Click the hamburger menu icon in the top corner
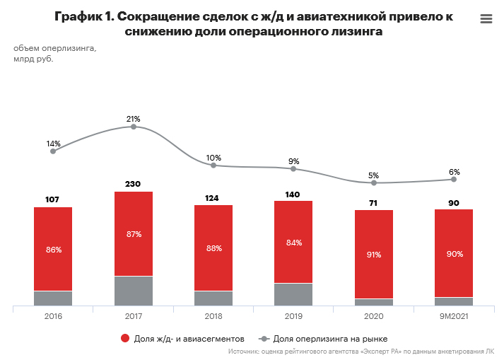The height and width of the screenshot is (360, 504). [486, 19]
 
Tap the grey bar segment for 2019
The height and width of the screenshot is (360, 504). [293, 294]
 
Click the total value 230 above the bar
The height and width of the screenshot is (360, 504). [133, 184]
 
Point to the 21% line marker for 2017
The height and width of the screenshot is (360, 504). [133, 127]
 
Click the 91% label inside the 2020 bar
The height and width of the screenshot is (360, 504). [374, 255]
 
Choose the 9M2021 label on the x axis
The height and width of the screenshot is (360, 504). [454, 317]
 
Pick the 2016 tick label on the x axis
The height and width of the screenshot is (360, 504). [53, 317]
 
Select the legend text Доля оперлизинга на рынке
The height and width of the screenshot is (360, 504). [330, 339]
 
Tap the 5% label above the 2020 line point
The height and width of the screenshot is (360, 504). [374, 175]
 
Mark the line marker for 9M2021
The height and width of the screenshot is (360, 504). [454, 180]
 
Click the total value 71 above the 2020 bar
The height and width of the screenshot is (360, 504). [374, 202]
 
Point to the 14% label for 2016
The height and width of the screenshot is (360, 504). [53, 144]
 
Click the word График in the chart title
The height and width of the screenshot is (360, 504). [80, 16]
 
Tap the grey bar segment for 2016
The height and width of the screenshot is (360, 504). [53, 298]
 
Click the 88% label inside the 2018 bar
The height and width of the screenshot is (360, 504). [213, 248]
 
